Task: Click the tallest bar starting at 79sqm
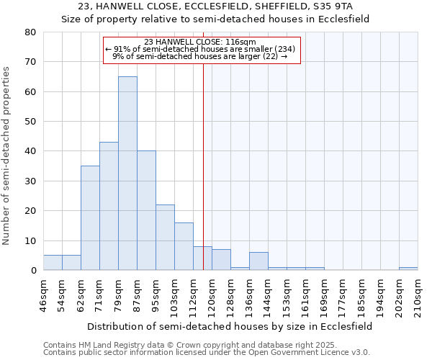pyautogui.click(x=127, y=173)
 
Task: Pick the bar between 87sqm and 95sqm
pyautogui.click(x=146, y=210)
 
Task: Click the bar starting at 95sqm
pyautogui.click(x=165, y=237)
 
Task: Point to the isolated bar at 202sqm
pyautogui.click(x=408, y=269)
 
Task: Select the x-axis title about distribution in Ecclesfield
pyautogui.click(x=230, y=326)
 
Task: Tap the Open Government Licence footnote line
pyautogui.click(x=207, y=353)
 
